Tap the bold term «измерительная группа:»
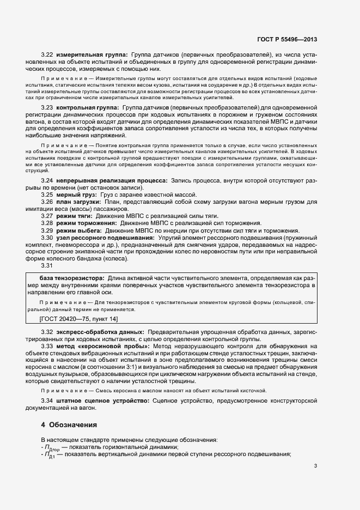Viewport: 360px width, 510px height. click(x=91, y=55)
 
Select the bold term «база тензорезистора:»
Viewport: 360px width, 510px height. click(x=70, y=278)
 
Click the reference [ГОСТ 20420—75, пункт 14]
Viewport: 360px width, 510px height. click(x=80, y=318)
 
